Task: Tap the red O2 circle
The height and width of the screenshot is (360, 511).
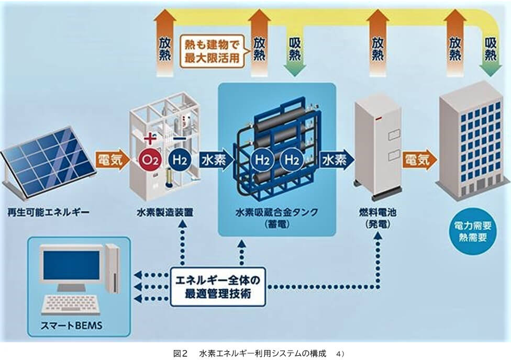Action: [x=149, y=159]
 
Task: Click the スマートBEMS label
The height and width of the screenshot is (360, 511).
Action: [x=73, y=327]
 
